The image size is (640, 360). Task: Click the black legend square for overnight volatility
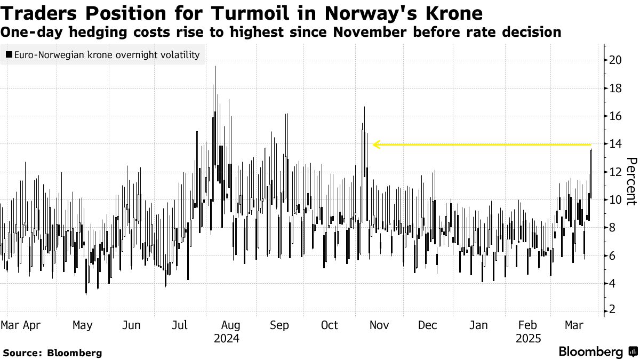[10, 54]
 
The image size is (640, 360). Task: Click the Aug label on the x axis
[230, 325]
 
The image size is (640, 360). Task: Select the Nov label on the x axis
[379, 325]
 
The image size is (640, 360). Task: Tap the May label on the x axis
[82, 325]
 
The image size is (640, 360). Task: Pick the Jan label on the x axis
[478, 325]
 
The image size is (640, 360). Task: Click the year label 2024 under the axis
[227, 339]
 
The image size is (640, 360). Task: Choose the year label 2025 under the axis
[529, 339]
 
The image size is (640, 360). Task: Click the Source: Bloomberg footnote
[52, 353]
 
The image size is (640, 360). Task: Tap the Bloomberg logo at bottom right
[597, 352]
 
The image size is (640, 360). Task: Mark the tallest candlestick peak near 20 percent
[214, 67]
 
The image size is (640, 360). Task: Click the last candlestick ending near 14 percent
[591, 150]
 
